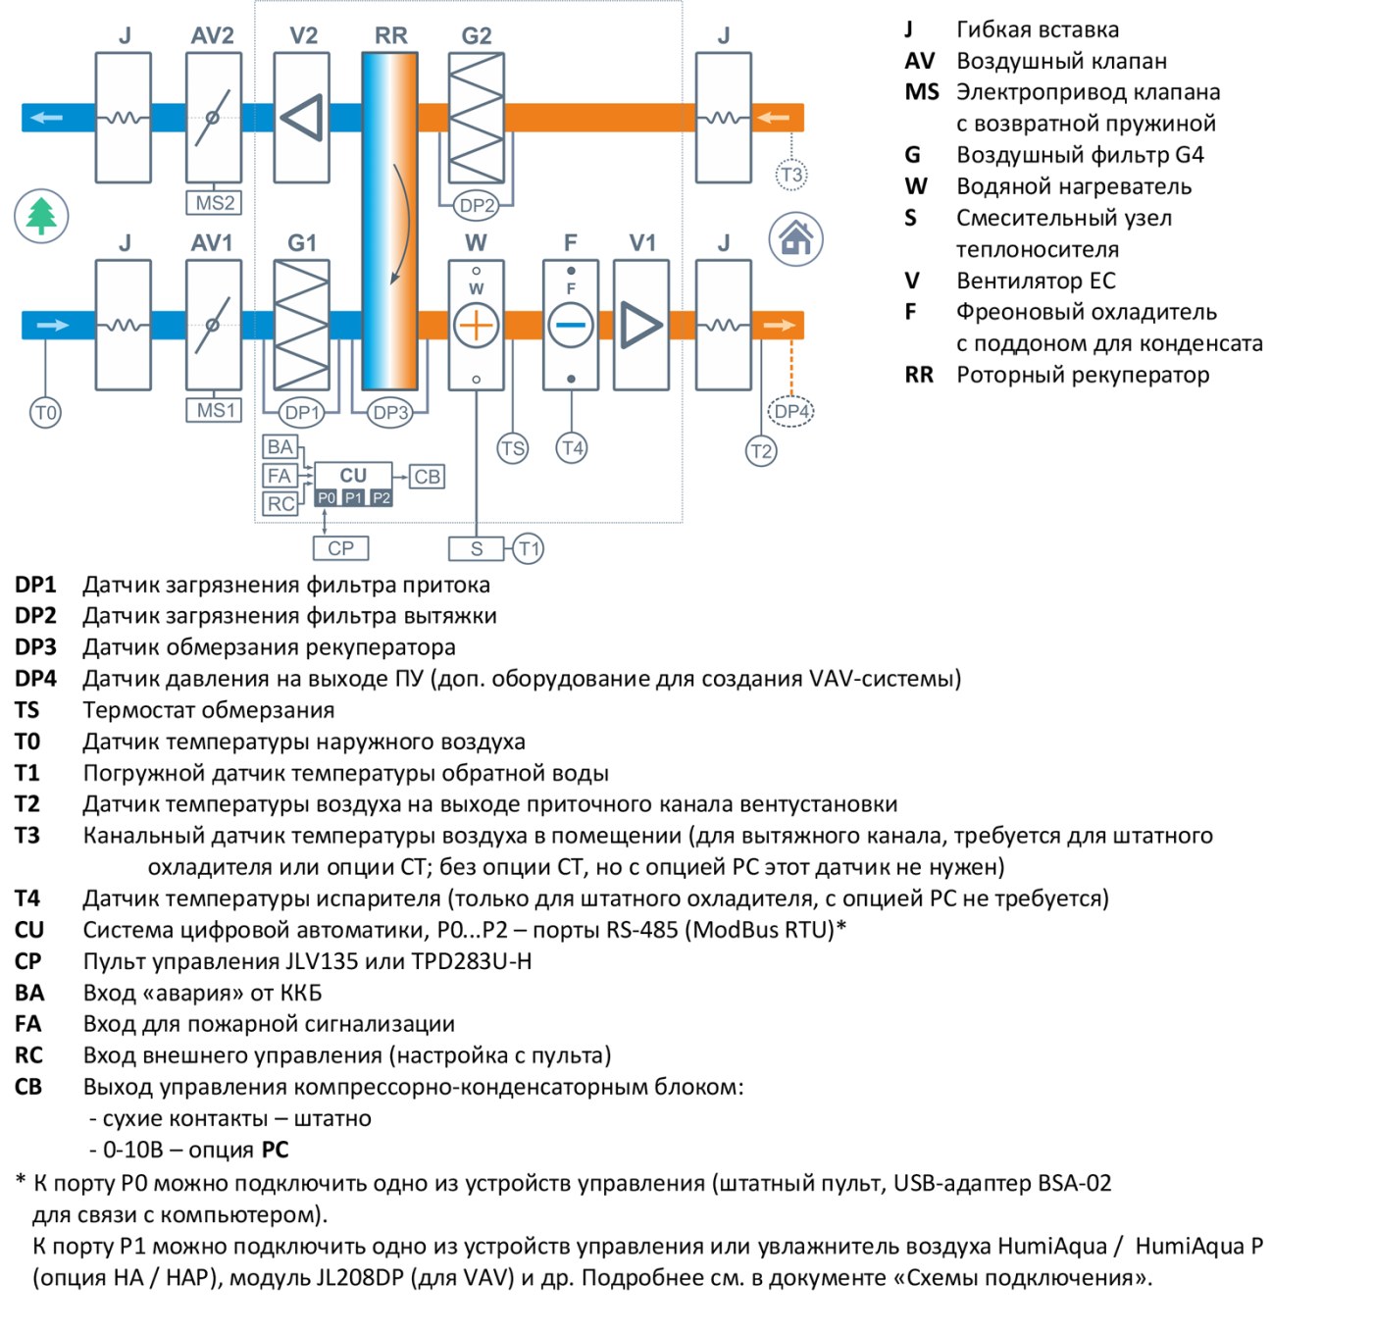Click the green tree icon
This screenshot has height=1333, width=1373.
pyautogui.click(x=41, y=216)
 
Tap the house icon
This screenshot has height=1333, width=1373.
pyautogui.click(x=795, y=238)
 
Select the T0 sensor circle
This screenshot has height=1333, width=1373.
pyautogui.click(x=45, y=412)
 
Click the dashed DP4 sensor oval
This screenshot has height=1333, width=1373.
pyautogui.click(x=790, y=411)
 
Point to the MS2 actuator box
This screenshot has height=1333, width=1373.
pyautogui.click(x=214, y=203)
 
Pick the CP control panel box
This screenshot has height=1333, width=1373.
pyautogui.click(x=340, y=548)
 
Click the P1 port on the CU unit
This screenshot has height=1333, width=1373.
pyautogui.click(x=353, y=498)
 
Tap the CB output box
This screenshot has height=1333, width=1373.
pyautogui.click(x=427, y=477)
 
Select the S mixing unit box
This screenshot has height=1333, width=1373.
pyautogui.click(x=477, y=548)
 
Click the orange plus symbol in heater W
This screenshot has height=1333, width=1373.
pyautogui.click(x=477, y=326)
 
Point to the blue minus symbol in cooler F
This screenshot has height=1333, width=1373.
pyautogui.click(x=571, y=326)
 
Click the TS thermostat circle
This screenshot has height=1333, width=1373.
pyautogui.click(x=513, y=449)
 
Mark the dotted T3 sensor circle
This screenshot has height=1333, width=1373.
pyautogui.click(x=791, y=175)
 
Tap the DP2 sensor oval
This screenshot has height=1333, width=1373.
pyautogui.click(x=477, y=205)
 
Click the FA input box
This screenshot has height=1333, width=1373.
pyautogui.click(x=280, y=477)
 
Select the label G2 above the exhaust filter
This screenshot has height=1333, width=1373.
pyautogui.click(x=477, y=35)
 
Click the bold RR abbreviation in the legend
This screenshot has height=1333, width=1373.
pyautogui.click(x=919, y=375)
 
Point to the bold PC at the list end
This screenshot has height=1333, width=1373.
pyautogui.click(x=276, y=1150)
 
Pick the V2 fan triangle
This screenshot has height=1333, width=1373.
pyautogui.click(x=302, y=117)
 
